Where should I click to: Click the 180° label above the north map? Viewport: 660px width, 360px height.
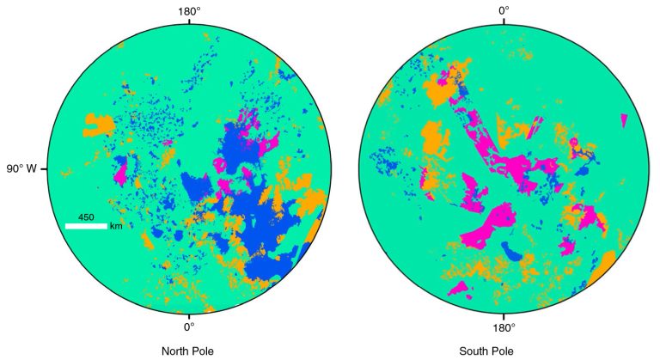189,10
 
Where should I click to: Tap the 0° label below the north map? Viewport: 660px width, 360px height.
189,326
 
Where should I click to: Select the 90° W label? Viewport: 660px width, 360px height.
21,168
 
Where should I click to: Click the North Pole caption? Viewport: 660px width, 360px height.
187,351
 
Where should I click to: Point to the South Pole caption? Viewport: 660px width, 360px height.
504,351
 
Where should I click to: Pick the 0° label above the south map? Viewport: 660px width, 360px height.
504,10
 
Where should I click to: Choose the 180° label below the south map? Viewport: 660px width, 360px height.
504,326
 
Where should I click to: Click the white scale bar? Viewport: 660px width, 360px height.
86,226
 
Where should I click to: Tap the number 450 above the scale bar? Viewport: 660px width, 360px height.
86,217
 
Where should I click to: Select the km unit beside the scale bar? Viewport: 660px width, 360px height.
115,226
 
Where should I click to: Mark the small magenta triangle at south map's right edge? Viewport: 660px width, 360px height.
624,120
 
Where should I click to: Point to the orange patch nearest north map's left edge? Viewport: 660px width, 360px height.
98,125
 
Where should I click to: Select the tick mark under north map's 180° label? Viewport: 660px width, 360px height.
189,21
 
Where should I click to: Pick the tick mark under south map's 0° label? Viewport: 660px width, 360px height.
504,21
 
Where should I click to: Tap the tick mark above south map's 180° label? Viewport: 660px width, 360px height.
504,315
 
